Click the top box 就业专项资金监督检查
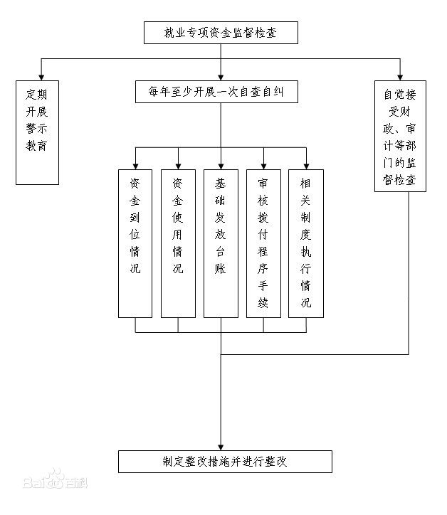point(221,33)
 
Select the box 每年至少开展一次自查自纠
point(221,92)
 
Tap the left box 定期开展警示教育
point(38,132)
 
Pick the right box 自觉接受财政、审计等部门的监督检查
point(400,136)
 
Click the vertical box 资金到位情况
point(135,243)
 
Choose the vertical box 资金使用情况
point(178,243)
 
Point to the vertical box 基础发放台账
point(221,243)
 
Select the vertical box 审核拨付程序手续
point(263,243)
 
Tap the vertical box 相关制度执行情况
point(306,243)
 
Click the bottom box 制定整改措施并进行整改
point(224,462)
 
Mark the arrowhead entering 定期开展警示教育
point(41,75)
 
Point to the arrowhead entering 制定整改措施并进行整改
point(221,445)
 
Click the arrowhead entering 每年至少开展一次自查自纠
point(221,76)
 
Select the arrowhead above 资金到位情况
point(135,164)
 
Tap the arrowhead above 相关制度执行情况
point(306,164)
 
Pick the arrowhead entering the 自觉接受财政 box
point(400,75)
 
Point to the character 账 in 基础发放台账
point(221,269)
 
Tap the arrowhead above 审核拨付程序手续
point(263,164)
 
